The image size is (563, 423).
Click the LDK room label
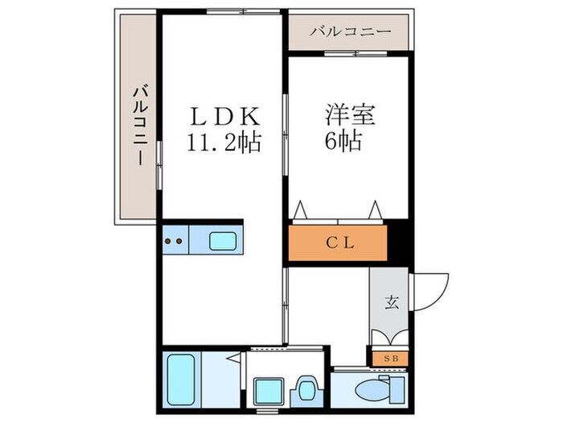[x=222, y=115]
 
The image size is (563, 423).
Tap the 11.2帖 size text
[x=223, y=143]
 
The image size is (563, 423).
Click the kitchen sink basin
[x=222, y=239]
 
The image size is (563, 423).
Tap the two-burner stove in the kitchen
[x=174, y=239]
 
